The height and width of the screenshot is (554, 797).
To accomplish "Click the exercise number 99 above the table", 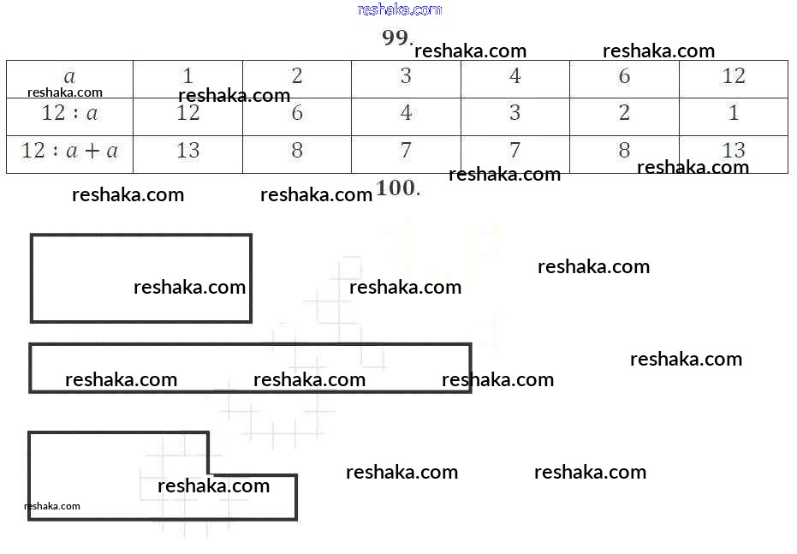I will pos(396,38).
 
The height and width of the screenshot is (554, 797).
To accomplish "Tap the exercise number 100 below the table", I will pos(396,188).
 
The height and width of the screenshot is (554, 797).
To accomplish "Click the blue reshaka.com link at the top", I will pos(399,9).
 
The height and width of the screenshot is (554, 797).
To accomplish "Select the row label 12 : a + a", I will pos(70,151).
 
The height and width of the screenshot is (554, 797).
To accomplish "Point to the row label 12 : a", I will pos(70,113).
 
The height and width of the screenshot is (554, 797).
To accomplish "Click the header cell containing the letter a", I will pos(70,76).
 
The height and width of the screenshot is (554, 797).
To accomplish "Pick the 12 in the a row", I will pos(734,76).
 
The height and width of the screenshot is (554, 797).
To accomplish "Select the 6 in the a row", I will pos(624,76).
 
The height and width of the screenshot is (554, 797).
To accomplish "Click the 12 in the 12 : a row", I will pos(187,113).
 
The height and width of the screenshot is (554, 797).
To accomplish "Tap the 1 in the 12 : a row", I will pos(734,113).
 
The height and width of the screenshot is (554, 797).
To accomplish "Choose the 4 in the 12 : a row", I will pos(406,113).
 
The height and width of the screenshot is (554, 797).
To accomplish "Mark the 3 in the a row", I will pos(406,76).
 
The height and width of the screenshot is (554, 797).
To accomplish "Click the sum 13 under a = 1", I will pos(187,151).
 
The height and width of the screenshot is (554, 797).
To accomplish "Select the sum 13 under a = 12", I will pos(734,151).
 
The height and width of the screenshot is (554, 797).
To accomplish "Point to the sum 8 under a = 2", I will pos(297,151).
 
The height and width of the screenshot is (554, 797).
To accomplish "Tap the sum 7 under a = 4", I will pos(514,151).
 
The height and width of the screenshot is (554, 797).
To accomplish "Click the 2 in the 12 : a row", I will pos(624,113).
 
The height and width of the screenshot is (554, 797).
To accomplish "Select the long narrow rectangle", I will pos(250,368).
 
